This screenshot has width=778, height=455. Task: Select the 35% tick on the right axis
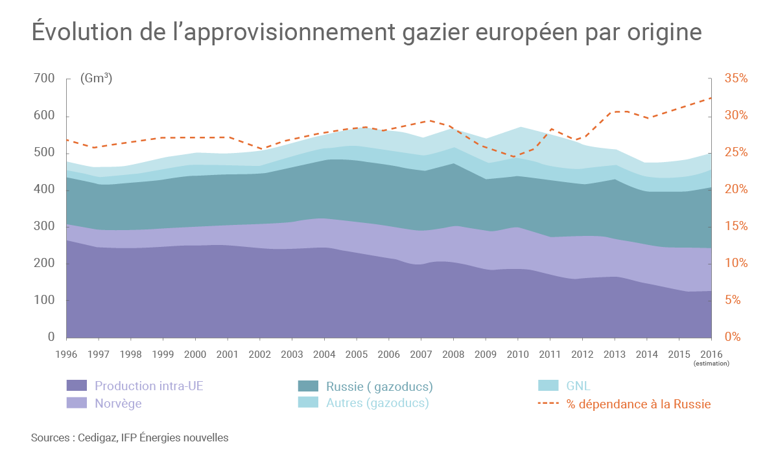(x=736, y=78)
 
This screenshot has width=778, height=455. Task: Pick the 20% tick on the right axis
(x=736, y=189)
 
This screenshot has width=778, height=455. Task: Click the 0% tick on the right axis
(x=733, y=337)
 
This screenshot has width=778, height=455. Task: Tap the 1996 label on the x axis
(x=67, y=355)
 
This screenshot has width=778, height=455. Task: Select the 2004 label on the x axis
(x=324, y=355)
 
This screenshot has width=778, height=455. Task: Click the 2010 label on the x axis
(x=517, y=355)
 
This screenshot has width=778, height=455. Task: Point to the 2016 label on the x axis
(x=711, y=355)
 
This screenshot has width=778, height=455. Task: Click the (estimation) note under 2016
(x=711, y=364)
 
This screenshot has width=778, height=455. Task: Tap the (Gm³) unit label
(x=96, y=78)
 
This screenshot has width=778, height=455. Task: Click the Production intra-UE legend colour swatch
(x=77, y=386)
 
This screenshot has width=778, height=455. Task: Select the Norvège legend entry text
(x=118, y=404)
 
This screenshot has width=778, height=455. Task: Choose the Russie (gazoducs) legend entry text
(x=379, y=387)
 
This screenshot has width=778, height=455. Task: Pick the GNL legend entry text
(x=578, y=386)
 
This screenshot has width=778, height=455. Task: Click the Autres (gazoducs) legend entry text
(x=377, y=403)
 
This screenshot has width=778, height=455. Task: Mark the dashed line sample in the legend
(x=549, y=404)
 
